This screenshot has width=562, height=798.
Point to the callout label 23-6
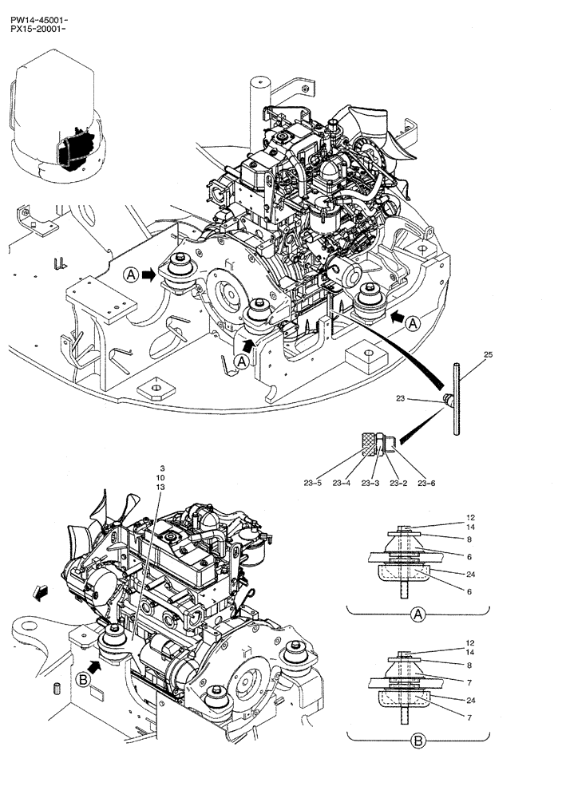coord(426,483)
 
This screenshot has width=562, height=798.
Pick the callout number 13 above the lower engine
coord(161,488)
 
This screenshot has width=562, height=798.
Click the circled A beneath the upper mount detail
coord(417,615)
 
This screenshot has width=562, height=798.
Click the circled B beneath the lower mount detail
coord(418,741)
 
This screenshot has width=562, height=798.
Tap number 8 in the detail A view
coord(472,539)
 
